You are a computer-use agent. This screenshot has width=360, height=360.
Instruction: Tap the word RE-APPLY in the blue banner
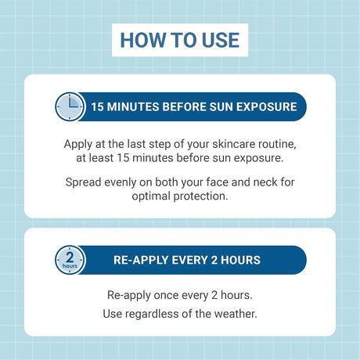coord(138,260)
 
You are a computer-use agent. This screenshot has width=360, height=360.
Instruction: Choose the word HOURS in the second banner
coord(239,260)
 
